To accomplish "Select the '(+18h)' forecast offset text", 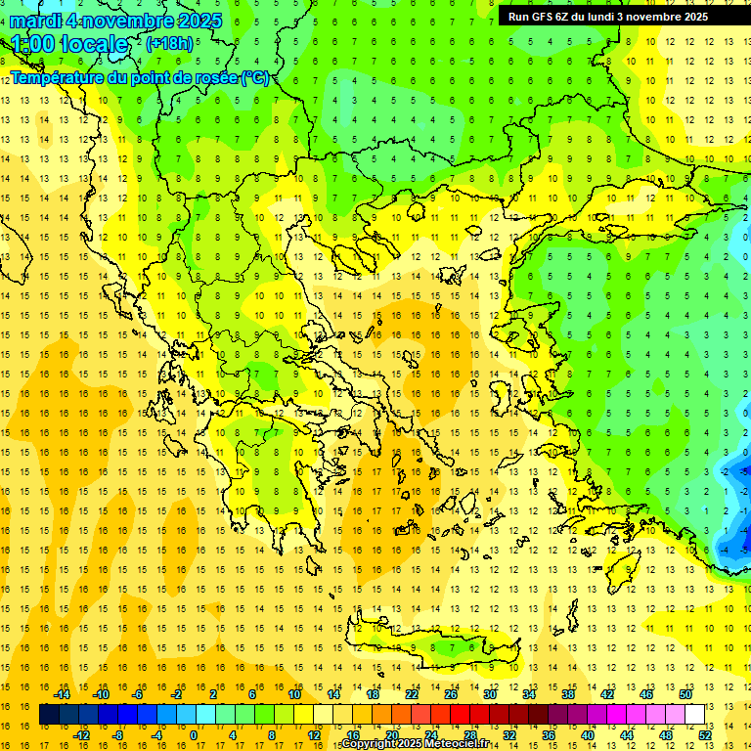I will coord(169,43).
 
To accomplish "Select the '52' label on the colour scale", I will coord(706,735).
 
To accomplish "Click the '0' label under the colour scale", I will coord(193,735).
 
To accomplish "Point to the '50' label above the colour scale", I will coord(685,694).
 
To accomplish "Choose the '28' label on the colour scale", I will coord(470,735).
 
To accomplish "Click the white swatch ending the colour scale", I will coord(694,715).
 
